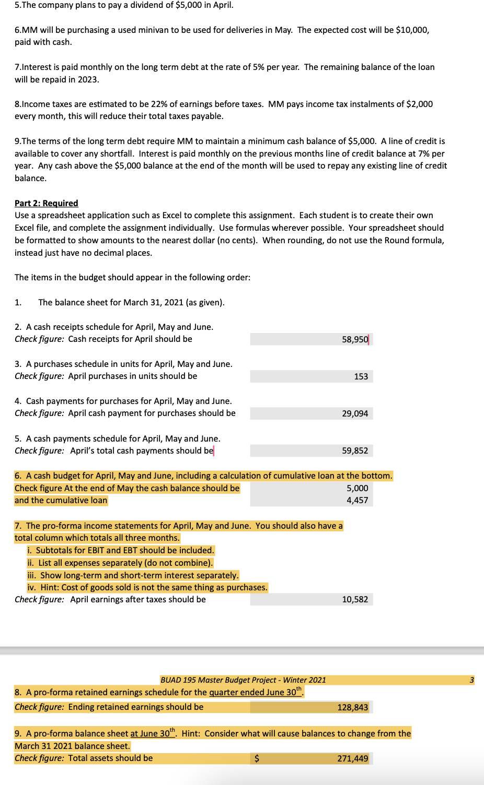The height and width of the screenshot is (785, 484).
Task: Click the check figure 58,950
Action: click(355, 339)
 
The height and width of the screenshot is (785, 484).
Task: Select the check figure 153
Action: click(361, 376)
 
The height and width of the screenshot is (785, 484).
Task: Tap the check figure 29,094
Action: click(355, 413)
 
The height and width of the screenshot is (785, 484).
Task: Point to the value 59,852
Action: click(355, 450)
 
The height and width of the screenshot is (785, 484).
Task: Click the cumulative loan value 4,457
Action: click(357, 500)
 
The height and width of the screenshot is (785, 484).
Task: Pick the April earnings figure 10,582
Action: click(355, 599)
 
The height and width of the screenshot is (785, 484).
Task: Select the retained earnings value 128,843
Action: click(352, 707)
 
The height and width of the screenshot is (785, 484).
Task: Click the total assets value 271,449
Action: click(352, 758)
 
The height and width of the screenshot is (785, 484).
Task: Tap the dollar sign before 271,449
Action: click(256, 758)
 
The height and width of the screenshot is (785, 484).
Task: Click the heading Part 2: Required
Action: click(46, 203)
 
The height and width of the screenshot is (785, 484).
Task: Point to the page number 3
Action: click(471, 680)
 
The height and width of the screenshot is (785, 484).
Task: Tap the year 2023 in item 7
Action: click(87, 79)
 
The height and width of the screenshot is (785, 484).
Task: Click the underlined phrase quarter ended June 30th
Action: click(255, 692)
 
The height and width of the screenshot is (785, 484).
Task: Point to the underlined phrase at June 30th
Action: click(153, 733)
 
